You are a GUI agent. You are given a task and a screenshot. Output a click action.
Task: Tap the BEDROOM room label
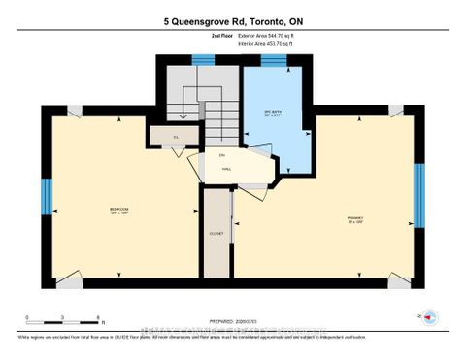119,210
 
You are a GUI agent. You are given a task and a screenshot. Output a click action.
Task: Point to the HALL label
226,169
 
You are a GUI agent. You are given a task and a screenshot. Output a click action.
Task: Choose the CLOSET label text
216,234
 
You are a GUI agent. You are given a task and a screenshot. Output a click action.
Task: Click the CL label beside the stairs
176,137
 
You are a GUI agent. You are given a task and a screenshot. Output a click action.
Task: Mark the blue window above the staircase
203,61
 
